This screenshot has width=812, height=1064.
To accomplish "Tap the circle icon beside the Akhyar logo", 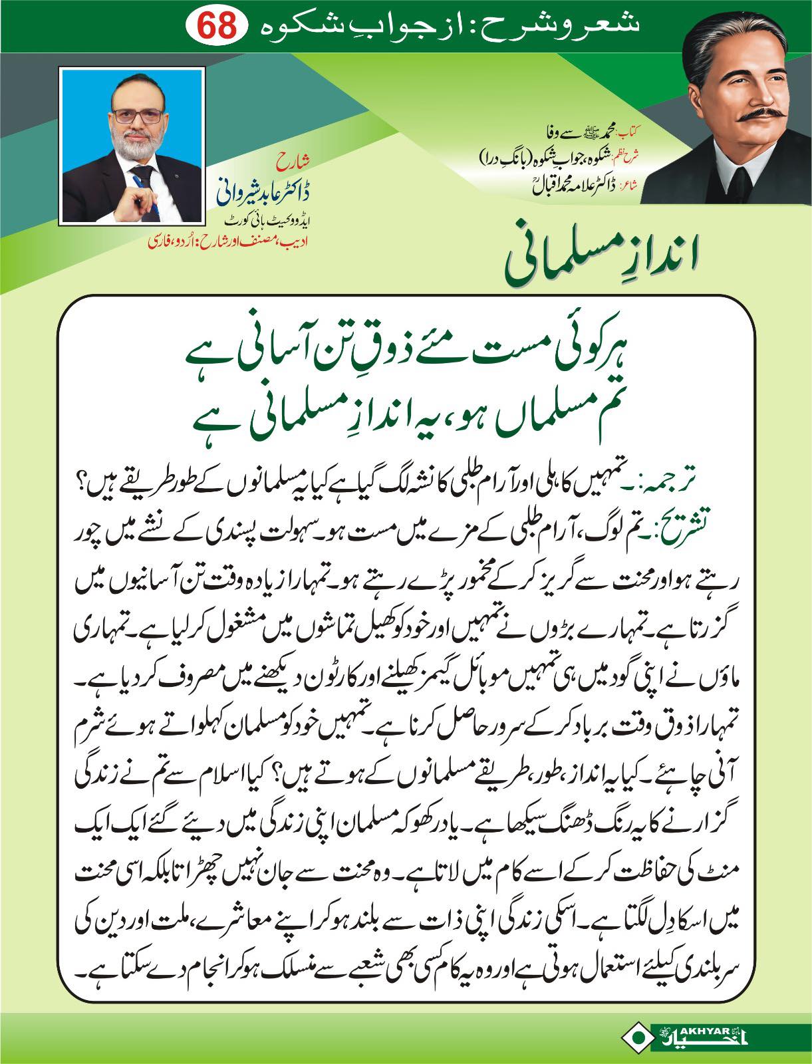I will [639, 1035].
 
